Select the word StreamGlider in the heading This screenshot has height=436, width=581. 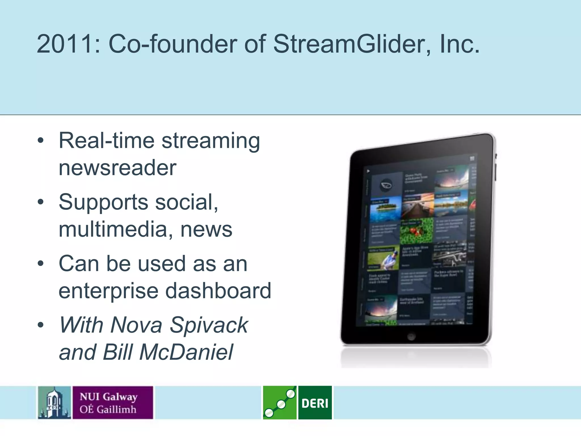tap(352, 44)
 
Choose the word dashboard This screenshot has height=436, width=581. tap(218, 291)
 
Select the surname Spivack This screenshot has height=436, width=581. tap(209, 325)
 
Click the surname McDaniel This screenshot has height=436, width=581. tap(186, 352)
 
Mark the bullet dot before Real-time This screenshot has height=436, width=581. tap(41, 141)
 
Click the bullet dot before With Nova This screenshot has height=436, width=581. tap(41, 325)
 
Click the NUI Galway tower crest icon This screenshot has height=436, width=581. tap(54, 403)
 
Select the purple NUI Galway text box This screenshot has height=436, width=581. tap(113, 403)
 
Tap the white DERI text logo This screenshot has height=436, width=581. tap(315, 403)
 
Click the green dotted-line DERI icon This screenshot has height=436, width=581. tap(279, 403)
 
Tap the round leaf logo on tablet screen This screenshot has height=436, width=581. tap(386, 185)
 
